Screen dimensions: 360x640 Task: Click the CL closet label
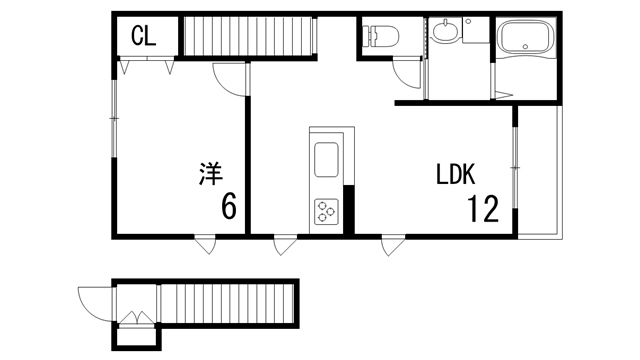[x=143, y=36]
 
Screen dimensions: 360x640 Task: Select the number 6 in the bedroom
[x=228, y=207]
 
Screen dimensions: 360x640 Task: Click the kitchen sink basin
[x=327, y=160]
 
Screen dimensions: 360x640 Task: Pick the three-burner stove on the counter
[x=327, y=211]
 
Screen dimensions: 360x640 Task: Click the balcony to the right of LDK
[x=541, y=170]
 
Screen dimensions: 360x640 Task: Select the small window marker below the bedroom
[x=207, y=243]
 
